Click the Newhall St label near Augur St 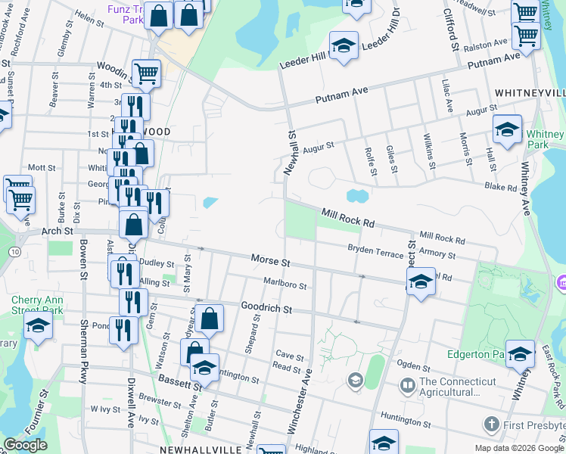tap(289, 153)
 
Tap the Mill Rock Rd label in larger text tap(348, 219)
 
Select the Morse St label tap(271, 261)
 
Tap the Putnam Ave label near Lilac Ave tap(493, 61)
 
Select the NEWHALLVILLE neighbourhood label tap(201, 449)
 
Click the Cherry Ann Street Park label tap(37, 304)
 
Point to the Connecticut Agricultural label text tap(449, 387)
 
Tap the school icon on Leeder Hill tap(344, 46)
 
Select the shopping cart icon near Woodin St tap(146, 73)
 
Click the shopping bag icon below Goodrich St tap(210, 319)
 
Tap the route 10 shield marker tap(15, 250)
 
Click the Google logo tap(25, 445)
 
